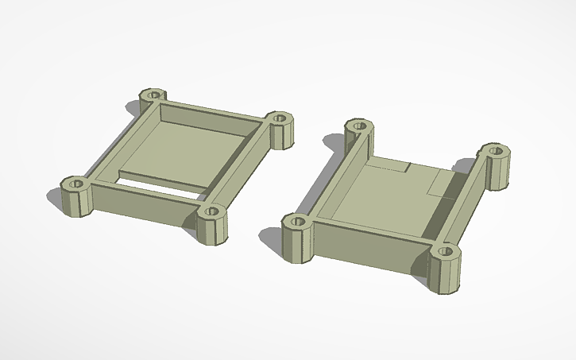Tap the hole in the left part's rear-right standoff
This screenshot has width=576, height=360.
(x=279, y=118)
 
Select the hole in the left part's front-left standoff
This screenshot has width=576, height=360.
(x=76, y=184)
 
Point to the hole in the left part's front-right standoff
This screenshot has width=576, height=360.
(x=211, y=211)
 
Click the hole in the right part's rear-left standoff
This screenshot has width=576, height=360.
(x=358, y=126)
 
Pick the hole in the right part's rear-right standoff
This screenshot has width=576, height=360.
(x=495, y=149)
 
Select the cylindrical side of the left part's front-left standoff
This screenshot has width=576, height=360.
(x=77, y=203)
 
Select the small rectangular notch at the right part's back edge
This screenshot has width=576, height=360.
(x=395, y=166)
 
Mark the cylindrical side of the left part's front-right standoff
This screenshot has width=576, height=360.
(x=212, y=230)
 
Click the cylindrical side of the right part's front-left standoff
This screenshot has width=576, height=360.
(x=299, y=244)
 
